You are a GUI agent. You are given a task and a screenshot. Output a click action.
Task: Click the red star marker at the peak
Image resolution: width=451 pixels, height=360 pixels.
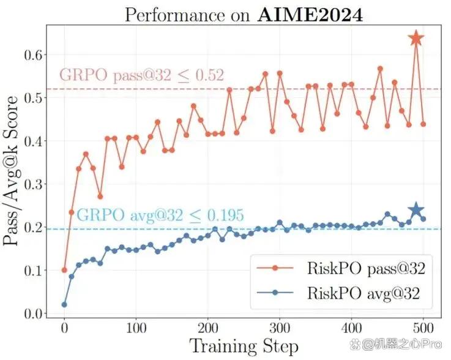[416, 39]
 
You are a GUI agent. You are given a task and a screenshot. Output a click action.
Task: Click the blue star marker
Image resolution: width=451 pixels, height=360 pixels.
[416, 210]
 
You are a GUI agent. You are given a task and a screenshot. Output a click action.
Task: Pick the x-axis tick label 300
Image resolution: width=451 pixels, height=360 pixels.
[280, 327]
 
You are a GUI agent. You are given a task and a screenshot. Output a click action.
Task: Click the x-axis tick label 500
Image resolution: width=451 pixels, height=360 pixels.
[423, 327]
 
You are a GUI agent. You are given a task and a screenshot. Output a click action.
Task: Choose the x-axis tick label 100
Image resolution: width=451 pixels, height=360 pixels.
[136, 327]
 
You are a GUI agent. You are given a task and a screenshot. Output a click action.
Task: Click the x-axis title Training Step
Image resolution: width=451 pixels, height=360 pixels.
[244, 347]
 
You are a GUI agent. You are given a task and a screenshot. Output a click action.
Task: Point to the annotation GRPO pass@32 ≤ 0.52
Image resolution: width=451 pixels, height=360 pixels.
[141, 75]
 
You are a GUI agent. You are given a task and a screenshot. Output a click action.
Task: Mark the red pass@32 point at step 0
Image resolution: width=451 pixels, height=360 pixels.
[64, 270]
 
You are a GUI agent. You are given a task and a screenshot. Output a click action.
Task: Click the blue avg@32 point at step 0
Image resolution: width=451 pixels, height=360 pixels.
[64, 304]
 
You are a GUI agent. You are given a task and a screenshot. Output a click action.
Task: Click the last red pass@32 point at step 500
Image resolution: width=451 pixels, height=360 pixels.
[423, 124]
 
